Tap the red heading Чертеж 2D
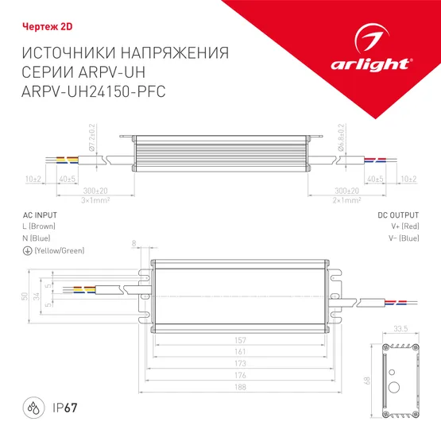click(x=37, y=25)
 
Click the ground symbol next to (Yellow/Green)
click(x=27, y=250)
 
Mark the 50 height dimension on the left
click(x=25, y=296)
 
